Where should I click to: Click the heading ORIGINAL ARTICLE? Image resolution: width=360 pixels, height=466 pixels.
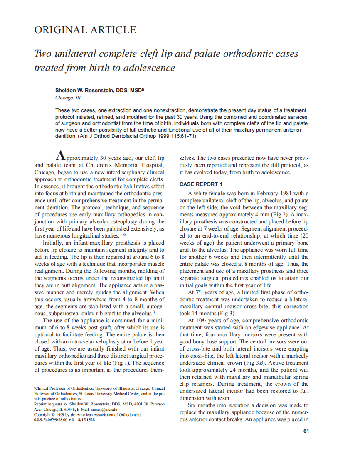point(85,30)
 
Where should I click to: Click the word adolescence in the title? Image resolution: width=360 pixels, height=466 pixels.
point(148,68)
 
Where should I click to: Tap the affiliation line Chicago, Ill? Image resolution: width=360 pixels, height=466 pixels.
point(69,98)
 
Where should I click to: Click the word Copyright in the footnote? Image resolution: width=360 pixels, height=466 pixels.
point(42,414)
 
